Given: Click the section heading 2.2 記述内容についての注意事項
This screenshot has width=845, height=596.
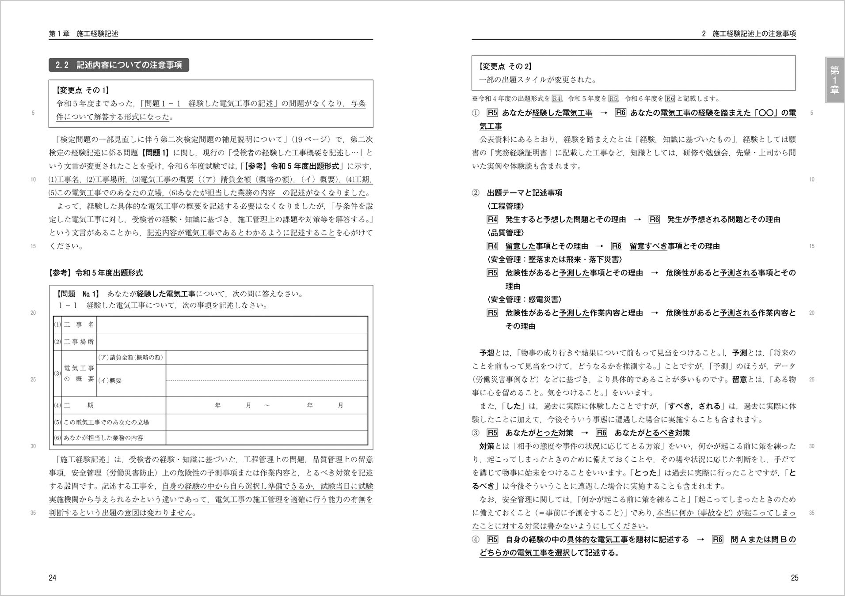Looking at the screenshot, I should pos(118,65).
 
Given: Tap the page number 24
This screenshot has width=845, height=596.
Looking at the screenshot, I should pos(53,577).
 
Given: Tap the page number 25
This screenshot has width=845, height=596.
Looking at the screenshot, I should pos(794,577).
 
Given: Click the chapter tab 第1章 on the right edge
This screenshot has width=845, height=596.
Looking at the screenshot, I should pos(834,79).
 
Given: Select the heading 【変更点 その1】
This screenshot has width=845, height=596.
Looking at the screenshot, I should pos(83,90).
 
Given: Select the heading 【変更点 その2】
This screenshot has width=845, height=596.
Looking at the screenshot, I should pos(506,66).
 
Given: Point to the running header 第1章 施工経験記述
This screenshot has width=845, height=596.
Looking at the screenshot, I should pos(84,34).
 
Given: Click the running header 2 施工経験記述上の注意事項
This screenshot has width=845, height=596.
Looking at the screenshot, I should pos(749,34).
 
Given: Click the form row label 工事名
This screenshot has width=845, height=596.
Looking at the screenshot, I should pos(79,324).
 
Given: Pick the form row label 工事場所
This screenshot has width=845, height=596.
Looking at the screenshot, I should pos(79,341).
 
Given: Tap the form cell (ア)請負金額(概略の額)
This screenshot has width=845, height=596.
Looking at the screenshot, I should pos(131,357).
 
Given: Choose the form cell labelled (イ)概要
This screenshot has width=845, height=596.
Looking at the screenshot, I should pos(110,380).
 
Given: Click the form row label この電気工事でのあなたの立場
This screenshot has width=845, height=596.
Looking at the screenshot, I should pos(107,422).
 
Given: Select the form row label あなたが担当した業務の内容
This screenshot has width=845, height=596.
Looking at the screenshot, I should pos(103,438).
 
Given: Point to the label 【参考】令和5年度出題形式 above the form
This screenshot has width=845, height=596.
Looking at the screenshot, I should pos(96,273).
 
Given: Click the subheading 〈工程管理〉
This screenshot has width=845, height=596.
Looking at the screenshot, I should pos(506,206).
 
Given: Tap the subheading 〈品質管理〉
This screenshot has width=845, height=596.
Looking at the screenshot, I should pos(506,233).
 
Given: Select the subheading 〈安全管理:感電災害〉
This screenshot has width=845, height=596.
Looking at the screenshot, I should pos(525,299).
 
